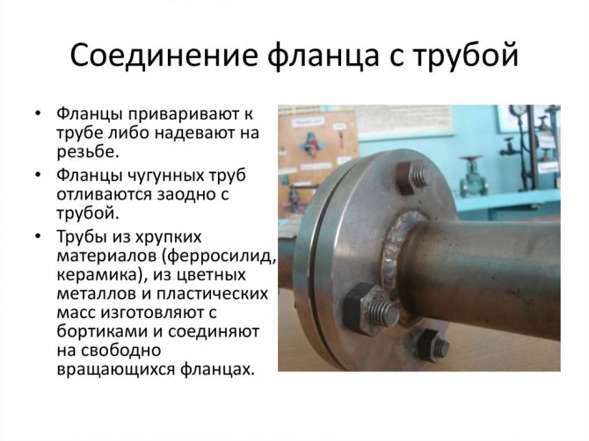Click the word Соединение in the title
(164, 55)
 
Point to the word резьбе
(88, 152)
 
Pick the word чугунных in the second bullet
(163, 176)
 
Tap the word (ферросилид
(220, 257)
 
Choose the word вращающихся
(115, 370)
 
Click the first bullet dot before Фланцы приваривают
(37, 113)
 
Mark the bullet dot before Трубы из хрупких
(37, 236)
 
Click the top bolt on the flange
(412, 177)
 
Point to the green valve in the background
(473, 176)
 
